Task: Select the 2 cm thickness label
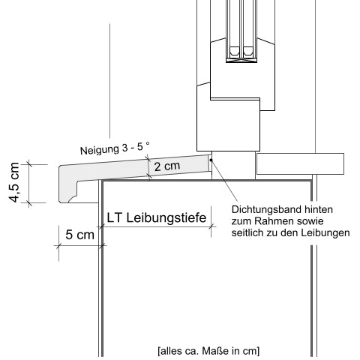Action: click(166, 166)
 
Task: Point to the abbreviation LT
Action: click(114, 218)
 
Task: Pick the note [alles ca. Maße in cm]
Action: click(208, 350)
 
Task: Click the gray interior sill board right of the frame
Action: click(299, 163)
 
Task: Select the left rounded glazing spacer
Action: click(234, 51)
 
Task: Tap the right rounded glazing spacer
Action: click(248, 51)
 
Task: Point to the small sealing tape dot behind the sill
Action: click(211, 158)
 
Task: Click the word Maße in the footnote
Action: click(215, 350)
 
